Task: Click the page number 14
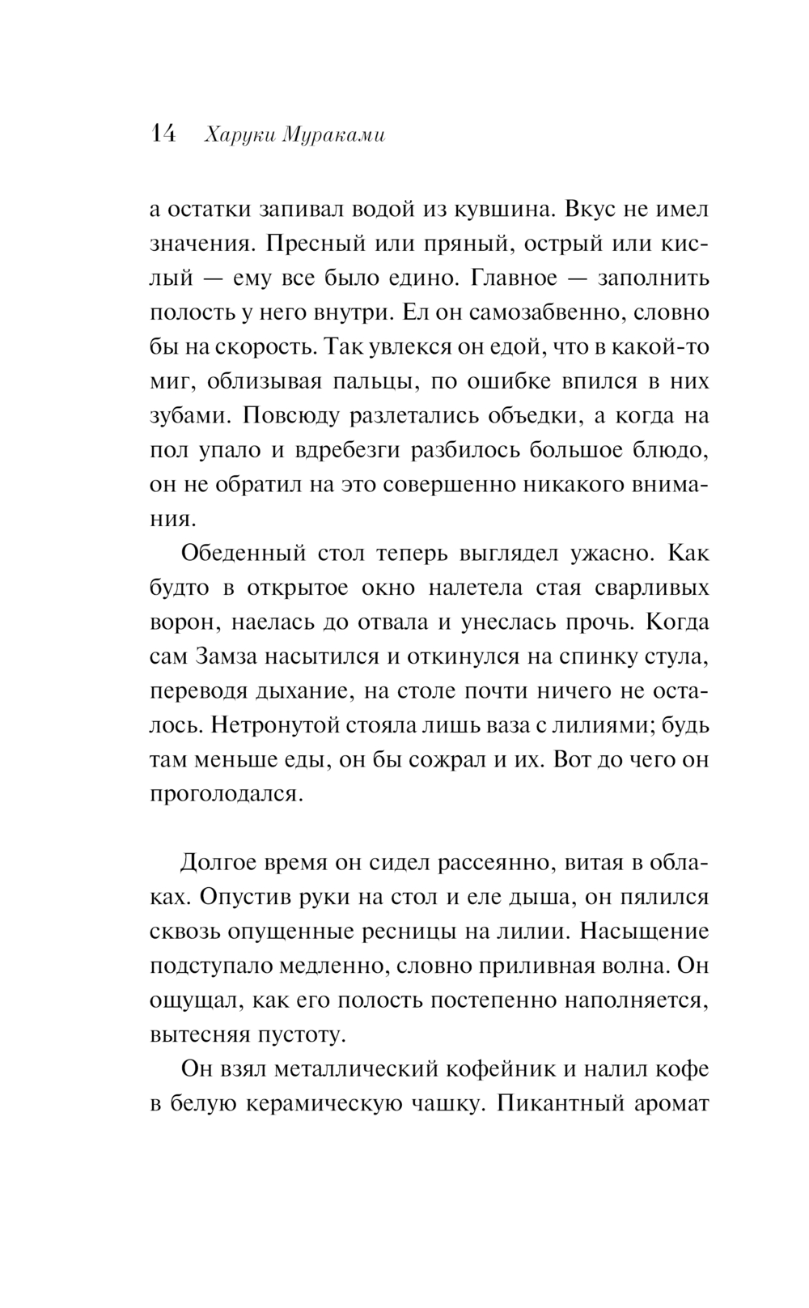click(163, 134)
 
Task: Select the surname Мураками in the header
click(334, 137)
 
